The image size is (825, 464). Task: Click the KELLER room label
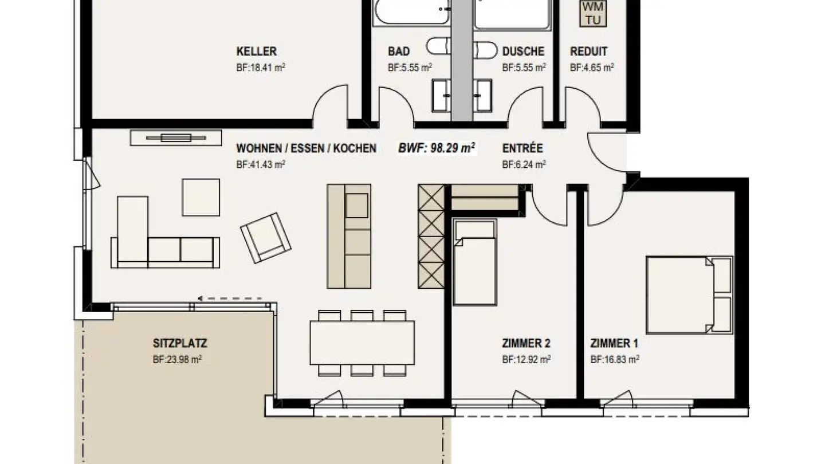tap(257, 52)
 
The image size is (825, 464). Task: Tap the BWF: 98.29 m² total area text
tap(437, 148)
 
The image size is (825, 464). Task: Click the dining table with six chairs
tap(362, 343)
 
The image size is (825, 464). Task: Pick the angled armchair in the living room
tap(265, 237)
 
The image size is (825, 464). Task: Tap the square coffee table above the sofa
tap(201, 197)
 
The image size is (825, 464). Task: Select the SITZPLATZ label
tap(180, 344)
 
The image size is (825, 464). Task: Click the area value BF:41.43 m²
tap(261, 164)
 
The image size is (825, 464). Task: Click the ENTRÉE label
tap(522, 148)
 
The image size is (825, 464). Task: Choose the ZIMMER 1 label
tap(614, 344)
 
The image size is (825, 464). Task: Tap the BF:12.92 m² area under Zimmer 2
tap(527, 360)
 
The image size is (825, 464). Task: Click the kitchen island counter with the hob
tap(349, 235)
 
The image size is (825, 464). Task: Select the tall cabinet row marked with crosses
tap(431, 235)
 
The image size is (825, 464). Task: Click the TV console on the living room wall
tap(176, 137)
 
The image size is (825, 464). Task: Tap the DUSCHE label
tap(523, 52)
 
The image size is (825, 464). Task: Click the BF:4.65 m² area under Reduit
tap(592, 67)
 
